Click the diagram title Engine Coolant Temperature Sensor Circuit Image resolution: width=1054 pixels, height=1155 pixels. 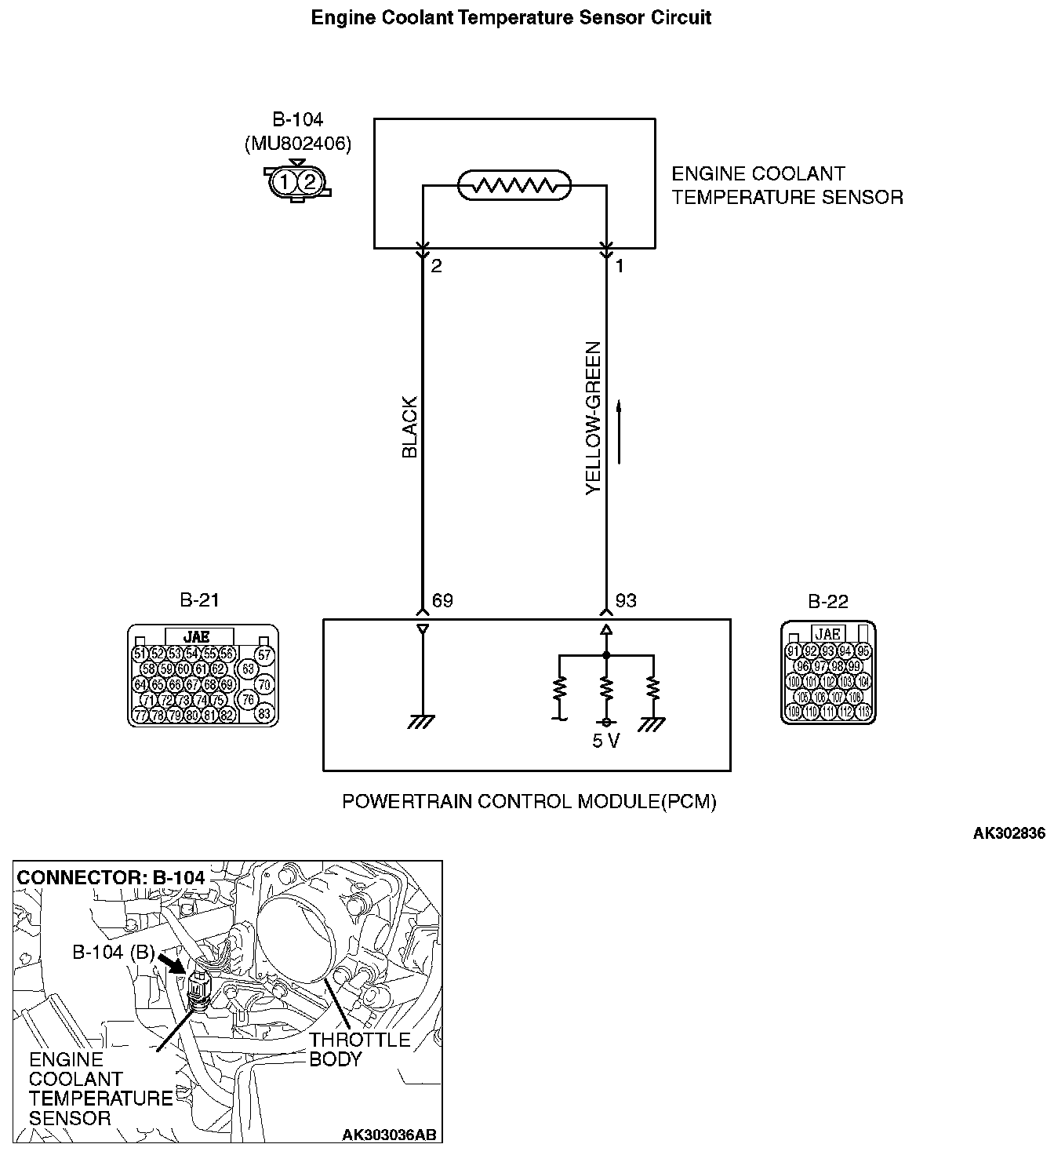point(511,18)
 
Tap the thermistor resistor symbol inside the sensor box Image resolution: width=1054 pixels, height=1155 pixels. point(514,186)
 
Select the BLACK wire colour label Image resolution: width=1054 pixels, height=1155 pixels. point(409,428)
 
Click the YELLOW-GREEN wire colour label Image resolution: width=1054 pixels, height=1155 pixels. point(594,417)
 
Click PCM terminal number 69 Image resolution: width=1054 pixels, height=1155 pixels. point(442,601)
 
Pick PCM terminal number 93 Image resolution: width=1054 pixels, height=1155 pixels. point(626,601)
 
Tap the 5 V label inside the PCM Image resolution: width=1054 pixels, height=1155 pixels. point(606,741)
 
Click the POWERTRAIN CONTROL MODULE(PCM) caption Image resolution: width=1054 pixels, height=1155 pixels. point(529,801)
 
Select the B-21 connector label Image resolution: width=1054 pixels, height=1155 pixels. point(199,600)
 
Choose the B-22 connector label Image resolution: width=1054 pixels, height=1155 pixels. point(828,601)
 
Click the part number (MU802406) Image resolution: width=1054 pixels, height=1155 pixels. point(298,144)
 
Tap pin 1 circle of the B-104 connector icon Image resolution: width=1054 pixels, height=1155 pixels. point(285,183)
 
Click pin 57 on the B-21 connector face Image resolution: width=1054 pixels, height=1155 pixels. point(264,654)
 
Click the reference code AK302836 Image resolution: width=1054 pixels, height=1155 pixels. point(1009,834)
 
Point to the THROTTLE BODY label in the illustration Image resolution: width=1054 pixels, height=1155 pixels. point(359,1049)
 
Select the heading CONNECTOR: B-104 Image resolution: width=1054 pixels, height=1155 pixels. point(111,876)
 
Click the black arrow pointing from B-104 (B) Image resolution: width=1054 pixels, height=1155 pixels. point(172,962)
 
